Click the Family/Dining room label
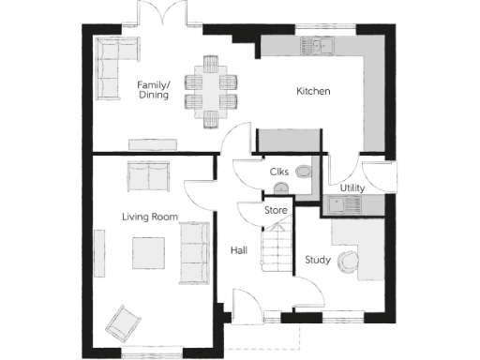click(x=153, y=89)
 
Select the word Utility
click(x=352, y=188)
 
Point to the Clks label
click(x=278, y=172)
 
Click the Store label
click(x=276, y=211)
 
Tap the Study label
click(x=317, y=260)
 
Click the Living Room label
click(x=150, y=217)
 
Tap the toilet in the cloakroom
click(x=304, y=172)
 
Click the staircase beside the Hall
click(x=275, y=250)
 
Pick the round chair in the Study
click(x=349, y=263)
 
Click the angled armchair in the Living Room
click(x=122, y=323)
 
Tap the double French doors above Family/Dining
click(x=157, y=13)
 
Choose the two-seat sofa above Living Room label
click(x=148, y=174)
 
